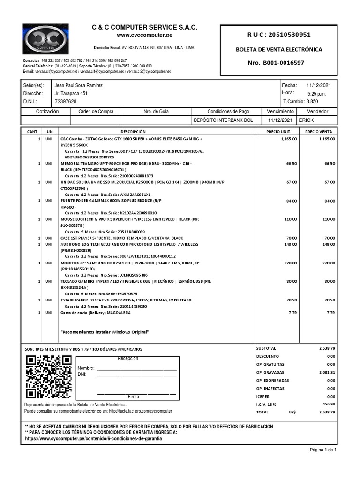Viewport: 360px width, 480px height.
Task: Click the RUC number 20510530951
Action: click(x=285, y=35)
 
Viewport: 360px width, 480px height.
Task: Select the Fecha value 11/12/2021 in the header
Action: click(x=319, y=86)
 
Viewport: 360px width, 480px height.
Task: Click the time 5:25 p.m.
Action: click(x=316, y=94)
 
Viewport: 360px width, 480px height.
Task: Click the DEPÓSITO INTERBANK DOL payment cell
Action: click(x=224, y=120)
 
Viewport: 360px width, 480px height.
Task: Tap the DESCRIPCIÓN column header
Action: click(x=133, y=132)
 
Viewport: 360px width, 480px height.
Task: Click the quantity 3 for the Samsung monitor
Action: click(x=38, y=263)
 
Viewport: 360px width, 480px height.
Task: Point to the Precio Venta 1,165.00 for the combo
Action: click(x=327, y=139)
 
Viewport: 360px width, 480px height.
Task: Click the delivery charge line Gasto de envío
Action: click(x=96, y=312)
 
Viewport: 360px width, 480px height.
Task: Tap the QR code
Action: click(x=49, y=377)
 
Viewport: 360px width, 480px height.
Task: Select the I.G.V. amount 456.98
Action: click(x=327, y=404)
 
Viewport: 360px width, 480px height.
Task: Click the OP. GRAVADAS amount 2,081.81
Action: click(x=326, y=372)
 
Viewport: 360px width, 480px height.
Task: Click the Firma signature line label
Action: click(x=134, y=397)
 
